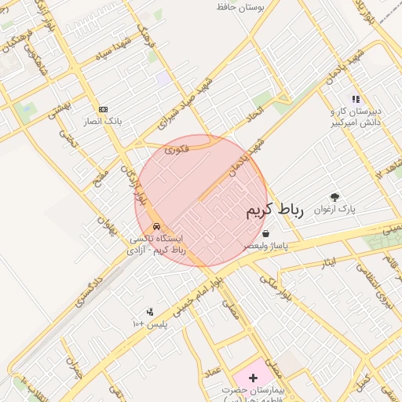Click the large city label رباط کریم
tap(274, 210)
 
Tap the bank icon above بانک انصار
tap(103, 109)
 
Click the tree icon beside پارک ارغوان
tap(335, 198)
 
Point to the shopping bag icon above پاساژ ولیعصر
tap(266, 233)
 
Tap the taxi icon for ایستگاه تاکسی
tap(158, 226)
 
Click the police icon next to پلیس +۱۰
tap(150, 312)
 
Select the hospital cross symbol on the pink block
tap(252, 378)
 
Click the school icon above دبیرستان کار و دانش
tap(355, 100)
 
